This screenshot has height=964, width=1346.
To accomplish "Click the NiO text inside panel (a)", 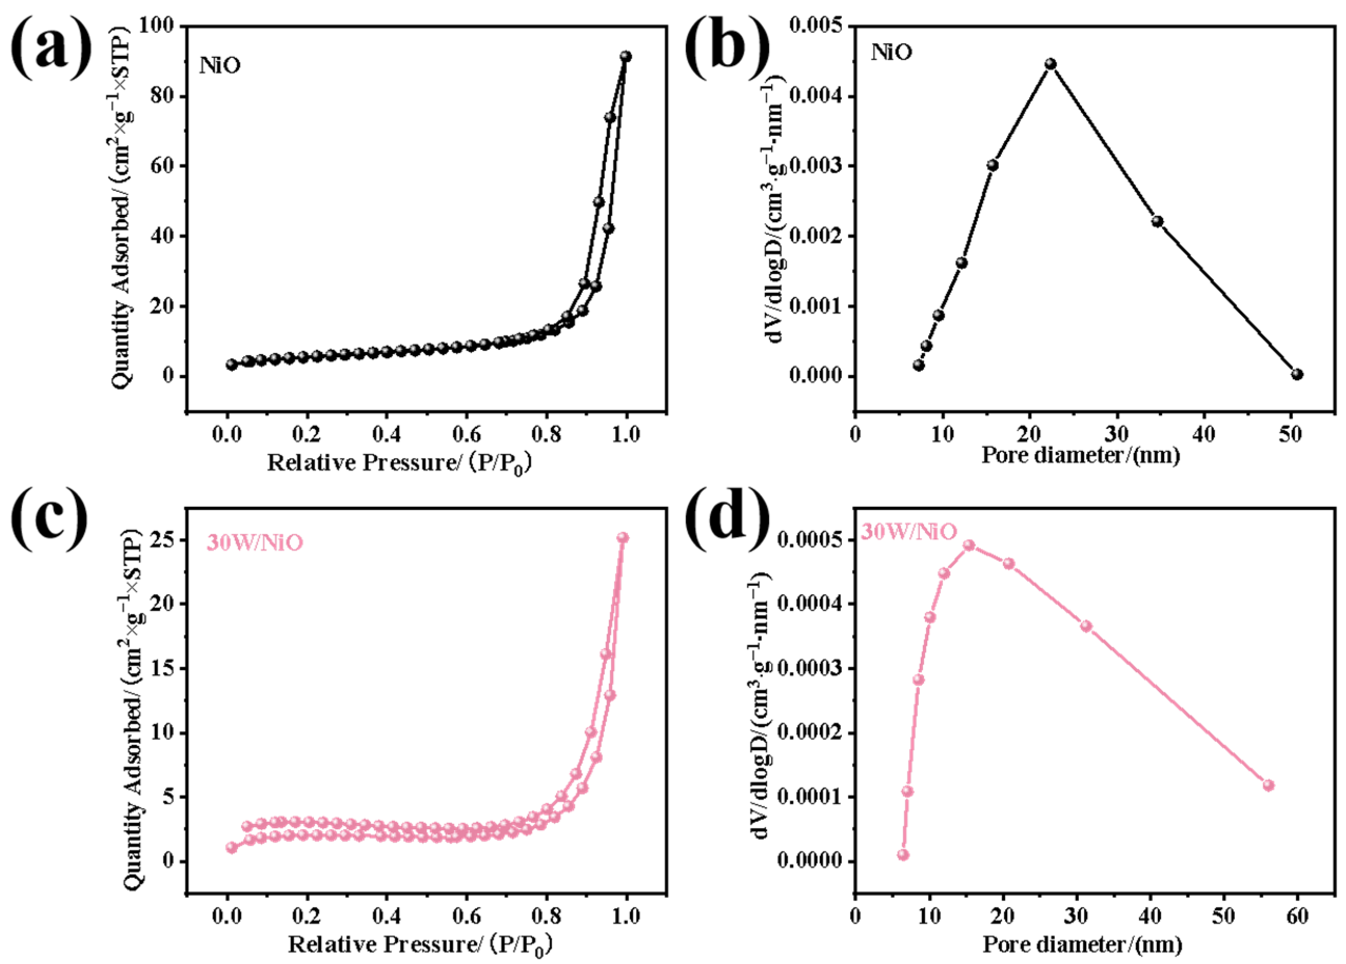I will tap(220, 65).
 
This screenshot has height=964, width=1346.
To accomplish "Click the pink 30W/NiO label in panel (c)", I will tap(254, 543).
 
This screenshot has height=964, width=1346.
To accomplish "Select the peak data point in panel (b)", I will tap(1050, 64).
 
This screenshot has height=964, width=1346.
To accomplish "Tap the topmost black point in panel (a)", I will tap(625, 56).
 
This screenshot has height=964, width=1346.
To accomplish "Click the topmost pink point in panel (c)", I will tap(623, 538).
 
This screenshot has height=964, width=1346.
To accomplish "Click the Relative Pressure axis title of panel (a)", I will tap(398, 463).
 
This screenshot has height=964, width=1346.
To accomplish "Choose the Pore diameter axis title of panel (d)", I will tap(1082, 945).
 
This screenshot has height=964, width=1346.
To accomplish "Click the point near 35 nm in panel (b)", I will tap(1157, 221).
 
